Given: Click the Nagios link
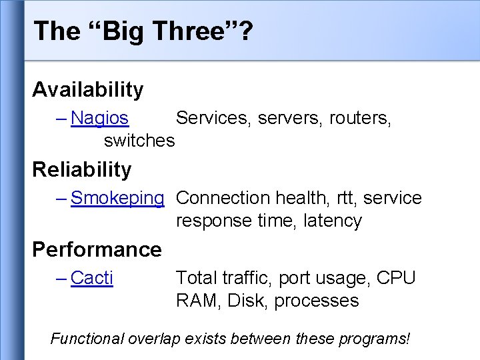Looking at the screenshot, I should (99, 118).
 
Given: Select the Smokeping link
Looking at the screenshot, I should (117, 198).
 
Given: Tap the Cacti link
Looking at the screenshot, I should (92, 278).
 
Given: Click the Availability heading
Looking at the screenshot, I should (87, 89).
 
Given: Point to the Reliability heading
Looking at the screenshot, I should (82, 169).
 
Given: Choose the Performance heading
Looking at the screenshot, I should (97, 249).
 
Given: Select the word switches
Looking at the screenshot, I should (139, 141).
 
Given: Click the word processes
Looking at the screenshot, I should (317, 301).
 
